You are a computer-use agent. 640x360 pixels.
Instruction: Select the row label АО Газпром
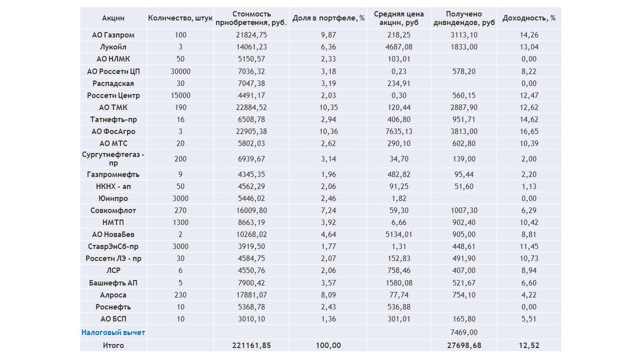(113, 35)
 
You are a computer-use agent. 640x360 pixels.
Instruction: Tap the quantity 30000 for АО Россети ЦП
(180, 71)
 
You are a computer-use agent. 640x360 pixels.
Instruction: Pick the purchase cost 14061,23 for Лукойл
(252, 47)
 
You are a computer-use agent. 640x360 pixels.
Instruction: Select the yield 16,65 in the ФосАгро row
(529, 131)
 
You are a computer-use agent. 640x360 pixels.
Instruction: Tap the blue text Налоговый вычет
(113, 332)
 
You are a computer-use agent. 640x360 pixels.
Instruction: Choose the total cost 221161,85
(252, 346)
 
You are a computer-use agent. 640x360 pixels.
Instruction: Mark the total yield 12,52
(529, 346)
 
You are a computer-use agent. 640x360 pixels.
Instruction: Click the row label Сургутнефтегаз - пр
(113, 159)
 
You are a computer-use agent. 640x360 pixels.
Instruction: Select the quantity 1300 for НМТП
(180, 222)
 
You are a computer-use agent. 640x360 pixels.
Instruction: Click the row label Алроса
(113, 295)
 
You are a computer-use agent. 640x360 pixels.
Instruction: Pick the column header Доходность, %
(529, 18)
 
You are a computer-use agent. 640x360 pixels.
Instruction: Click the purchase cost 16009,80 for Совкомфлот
(252, 211)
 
